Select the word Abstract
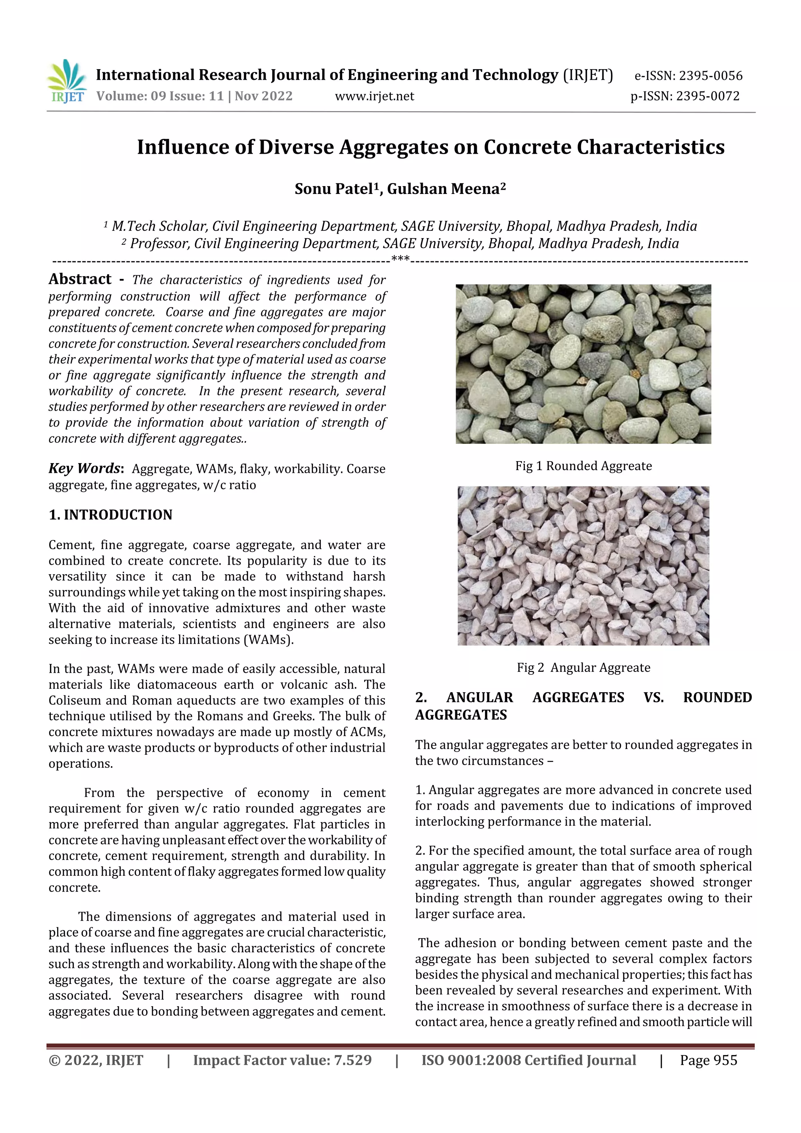(x=80, y=279)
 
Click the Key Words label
(x=84, y=468)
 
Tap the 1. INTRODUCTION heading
(x=111, y=515)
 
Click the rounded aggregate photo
(x=583, y=364)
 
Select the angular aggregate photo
(x=583, y=566)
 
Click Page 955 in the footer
(x=708, y=1060)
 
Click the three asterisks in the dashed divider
(x=400, y=259)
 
